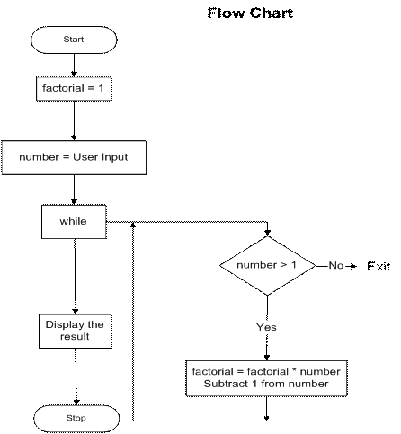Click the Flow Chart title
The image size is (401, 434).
point(250,13)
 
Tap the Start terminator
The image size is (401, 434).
point(74,40)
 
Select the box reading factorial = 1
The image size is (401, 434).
point(74,89)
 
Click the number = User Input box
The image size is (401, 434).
point(74,157)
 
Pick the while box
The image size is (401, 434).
point(74,222)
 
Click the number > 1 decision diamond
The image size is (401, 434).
point(267,266)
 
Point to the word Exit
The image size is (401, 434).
point(379,266)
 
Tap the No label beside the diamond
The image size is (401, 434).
point(335,265)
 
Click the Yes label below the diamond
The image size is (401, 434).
point(266,327)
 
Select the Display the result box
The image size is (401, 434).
point(76,331)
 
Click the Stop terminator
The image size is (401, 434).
point(76,419)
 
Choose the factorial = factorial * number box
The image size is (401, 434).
point(266,378)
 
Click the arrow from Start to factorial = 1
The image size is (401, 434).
point(74,66)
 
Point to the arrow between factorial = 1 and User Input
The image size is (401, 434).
point(74,120)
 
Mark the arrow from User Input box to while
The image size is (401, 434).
point(74,190)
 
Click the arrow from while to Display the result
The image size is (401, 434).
point(75,277)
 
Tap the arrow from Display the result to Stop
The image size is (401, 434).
point(76,376)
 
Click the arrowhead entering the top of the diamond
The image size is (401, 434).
point(268,233)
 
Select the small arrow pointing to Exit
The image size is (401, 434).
point(351,266)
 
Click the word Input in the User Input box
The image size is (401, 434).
point(114,157)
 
